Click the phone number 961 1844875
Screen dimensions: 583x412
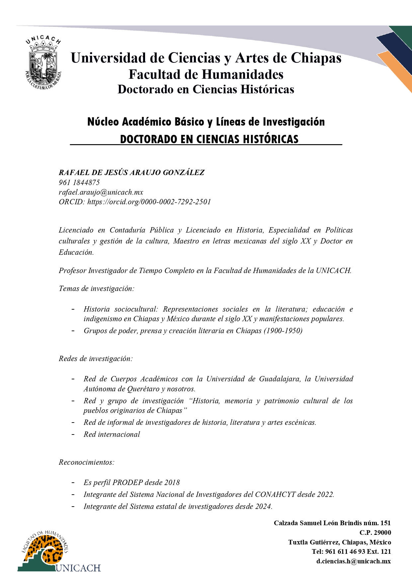(x=79, y=182)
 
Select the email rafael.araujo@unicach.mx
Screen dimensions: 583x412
(x=101, y=192)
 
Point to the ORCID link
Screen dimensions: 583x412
(x=149, y=202)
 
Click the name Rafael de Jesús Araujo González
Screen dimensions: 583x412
(x=131, y=172)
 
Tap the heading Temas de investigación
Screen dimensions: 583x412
(x=96, y=288)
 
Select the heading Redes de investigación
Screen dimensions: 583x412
(x=96, y=358)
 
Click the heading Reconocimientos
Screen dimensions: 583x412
(x=86, y=462)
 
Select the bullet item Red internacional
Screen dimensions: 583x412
(x=112, y=434)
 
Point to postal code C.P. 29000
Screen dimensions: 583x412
(x=375, y=533)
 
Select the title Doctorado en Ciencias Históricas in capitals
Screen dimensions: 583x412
(x=209, y=139)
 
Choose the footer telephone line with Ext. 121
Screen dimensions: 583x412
(x=351, y=551)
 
